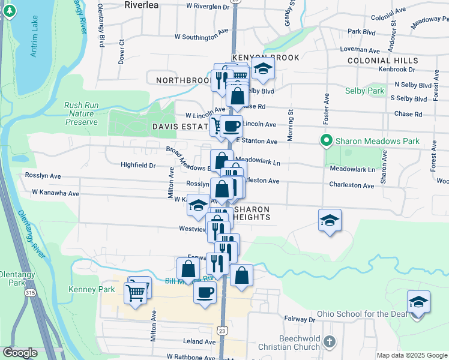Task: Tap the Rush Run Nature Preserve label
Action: pyautogui.click(x=81, y=113)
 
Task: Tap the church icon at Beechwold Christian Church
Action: pyautogui.click(x=328, y=341)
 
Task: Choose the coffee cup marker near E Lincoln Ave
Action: pyautogui.click(x=231, y=127)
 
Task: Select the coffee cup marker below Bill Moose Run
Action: pyautogui.click(x=205, y=292)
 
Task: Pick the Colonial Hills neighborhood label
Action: pyautogui.click(x=382, y=61)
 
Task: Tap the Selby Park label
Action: pyautogui.click(x=364, y=91)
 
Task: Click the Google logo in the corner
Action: pyautogui.click(x=20, y=353)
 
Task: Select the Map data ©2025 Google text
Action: pyautogui.click(x=411, y=355)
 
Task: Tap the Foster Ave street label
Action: pyautogui.click(x=327, y=106)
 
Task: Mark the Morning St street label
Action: pyautogui.click(x=290, y=125)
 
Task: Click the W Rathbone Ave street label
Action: pyautogui.click(x=190, y=357)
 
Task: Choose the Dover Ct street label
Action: pyautogui.click(x=121, y=52)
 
